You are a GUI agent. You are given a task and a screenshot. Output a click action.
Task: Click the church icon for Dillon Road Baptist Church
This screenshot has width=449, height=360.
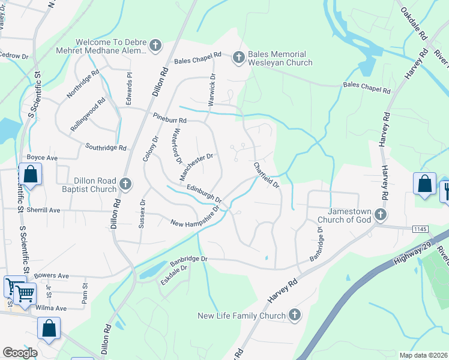click(x=125, y=184)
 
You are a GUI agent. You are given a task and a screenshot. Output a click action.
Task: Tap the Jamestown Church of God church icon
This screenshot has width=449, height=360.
click(x=380, y=214)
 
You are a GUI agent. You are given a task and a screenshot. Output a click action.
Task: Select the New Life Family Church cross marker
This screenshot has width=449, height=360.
click(x=294, y=315)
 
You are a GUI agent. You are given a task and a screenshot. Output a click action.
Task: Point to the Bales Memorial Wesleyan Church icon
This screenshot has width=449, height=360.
click(x=238, y=58)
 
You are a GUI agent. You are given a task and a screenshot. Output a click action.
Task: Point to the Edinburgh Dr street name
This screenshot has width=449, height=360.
click(x=204, y=193)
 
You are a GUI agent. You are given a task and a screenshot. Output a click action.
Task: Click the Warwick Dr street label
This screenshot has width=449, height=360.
click(x=211, y=91)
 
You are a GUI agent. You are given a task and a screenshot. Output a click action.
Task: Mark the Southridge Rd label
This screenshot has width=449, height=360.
click(x=106, y=147)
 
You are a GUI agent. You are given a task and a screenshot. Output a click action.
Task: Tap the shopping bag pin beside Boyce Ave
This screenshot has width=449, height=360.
click(x=31, y=175)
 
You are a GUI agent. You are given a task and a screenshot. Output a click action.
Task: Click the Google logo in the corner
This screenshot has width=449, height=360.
click(x=20, y=352)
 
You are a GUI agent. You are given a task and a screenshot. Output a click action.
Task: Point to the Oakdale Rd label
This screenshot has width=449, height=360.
click(x=413, y=20)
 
